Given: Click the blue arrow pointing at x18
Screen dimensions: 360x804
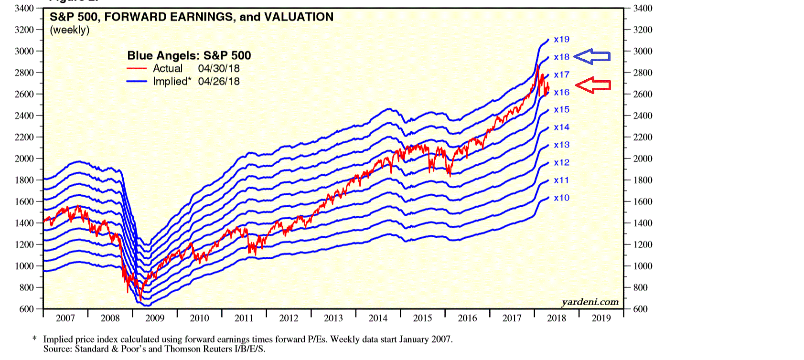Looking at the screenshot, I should [x=592, y=56].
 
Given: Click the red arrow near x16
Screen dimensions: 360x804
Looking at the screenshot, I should [x=593, y=85].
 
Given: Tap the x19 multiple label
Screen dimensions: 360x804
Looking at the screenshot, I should [x=561, y=39].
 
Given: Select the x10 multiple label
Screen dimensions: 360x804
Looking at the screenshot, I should [x=561, y=198].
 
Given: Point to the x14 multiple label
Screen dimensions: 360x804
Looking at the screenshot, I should [x=561, y=127].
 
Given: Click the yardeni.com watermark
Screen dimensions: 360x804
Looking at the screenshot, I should [x=590, y=302].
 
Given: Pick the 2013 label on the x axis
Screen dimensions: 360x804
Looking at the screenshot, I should [x=333, y=318].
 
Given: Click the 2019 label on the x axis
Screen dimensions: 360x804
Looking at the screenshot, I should [x=601, y=318].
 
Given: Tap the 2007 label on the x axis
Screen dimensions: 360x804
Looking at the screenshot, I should [x=65, y=318].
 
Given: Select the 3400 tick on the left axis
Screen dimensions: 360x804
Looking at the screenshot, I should [x=24, y=8].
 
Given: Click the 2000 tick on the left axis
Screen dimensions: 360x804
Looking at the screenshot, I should [x=24, y=159].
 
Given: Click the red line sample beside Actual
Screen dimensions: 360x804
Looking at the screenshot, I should [x=137, y=69].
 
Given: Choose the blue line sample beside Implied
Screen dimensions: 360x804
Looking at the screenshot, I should [x=137, y=82].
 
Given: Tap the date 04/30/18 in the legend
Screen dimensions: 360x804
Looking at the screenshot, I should [x=219, y=68].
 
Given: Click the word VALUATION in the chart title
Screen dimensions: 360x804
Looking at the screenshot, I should [x=299, y=17].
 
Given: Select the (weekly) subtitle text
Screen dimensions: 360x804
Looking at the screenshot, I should [x=70, y=30].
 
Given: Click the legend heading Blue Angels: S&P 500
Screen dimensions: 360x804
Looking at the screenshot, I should [x=189, y=55].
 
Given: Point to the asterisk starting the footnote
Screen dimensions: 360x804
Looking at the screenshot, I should [x=34, y=339].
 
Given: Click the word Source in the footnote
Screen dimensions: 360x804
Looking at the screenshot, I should [x=57, y=349].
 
